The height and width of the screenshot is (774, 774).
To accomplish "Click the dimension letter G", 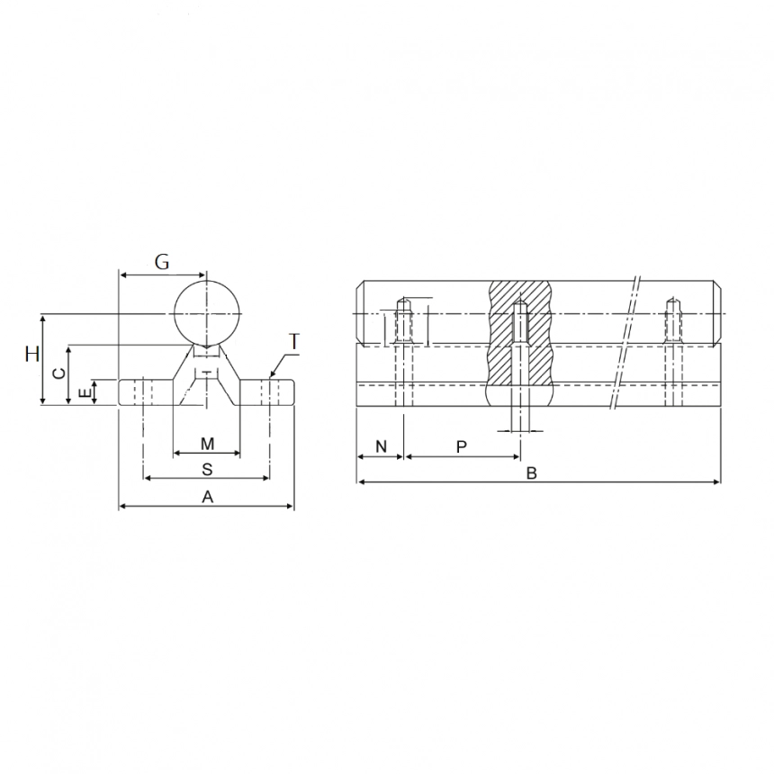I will (161, 262).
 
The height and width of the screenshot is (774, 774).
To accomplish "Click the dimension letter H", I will (32, 354).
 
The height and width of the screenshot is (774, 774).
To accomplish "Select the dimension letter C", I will (58, 373).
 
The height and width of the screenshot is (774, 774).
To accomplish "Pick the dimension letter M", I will (207, 444).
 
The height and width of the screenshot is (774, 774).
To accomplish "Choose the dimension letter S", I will (207, 469).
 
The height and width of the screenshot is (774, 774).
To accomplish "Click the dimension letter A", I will (207, 497).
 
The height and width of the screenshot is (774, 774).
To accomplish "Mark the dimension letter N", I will (381, 446).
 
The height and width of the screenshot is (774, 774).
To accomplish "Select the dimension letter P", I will (462, 446).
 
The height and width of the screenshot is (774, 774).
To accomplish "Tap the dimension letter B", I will (532, 473).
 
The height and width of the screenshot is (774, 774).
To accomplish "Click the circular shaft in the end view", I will (207, 312).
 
